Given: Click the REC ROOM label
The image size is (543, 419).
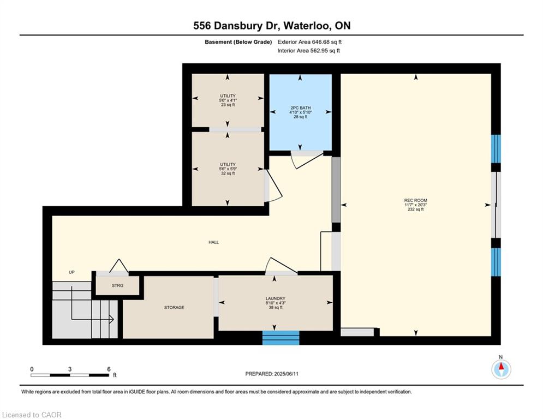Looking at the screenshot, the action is [415, 200].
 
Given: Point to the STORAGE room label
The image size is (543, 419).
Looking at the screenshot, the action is [174, 308].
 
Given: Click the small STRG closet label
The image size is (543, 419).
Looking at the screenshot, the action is [117, 286].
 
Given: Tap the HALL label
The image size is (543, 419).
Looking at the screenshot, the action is [214, 242].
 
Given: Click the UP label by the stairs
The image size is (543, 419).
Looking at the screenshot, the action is [71, 272].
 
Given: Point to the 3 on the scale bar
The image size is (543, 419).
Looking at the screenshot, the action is [70, 369].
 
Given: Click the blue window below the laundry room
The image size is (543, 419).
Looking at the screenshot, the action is [281, 338].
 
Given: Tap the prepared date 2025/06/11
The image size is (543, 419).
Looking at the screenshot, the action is [286, 374].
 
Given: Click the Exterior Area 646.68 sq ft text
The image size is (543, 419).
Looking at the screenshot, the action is [309, 42].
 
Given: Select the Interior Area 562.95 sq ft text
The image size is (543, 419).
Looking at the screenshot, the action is [308, 51].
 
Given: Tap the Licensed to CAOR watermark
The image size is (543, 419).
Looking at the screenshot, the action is [32, 415].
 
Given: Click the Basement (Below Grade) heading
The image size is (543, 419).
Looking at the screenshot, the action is [238, 42].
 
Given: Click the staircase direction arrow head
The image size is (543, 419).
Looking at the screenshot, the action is [111, 319].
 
